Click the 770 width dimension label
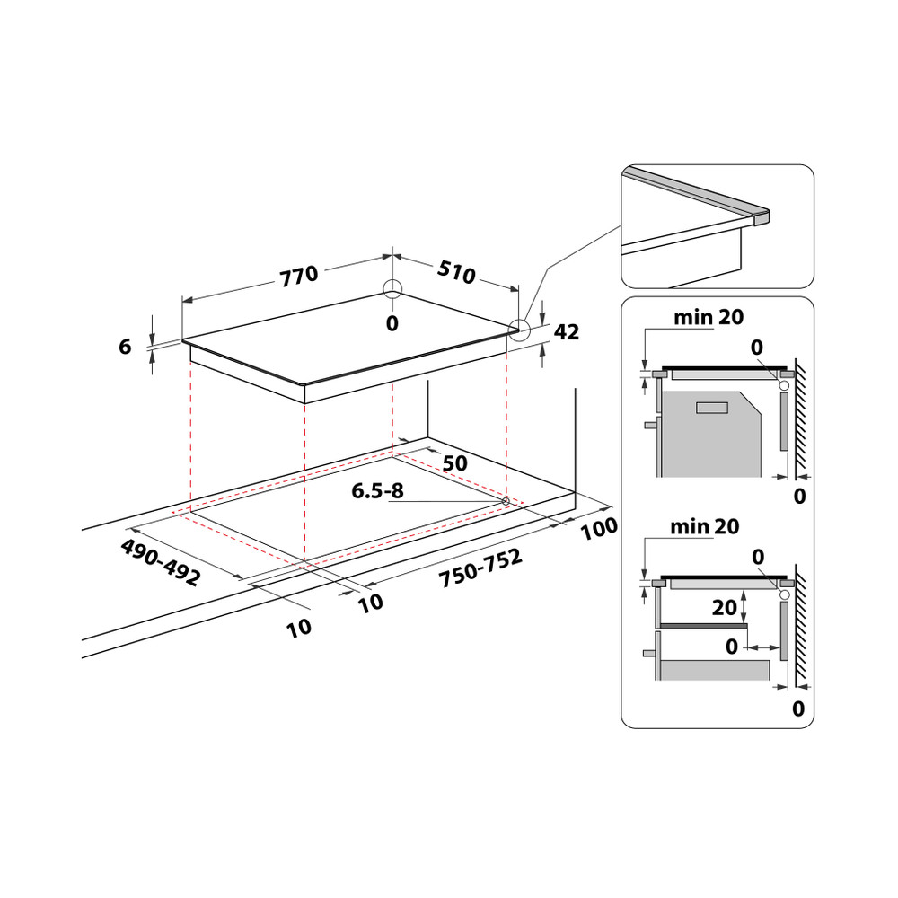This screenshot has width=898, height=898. tap(298, 276)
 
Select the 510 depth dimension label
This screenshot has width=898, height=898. tap(457, 272)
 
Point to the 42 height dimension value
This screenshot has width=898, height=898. tap(567, 332)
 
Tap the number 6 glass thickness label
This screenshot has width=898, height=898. tap(125, 347)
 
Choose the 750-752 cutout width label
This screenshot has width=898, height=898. tap(480, 569)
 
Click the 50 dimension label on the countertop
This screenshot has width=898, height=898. tap(455, 463)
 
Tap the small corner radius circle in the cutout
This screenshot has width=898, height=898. tap(506, 501)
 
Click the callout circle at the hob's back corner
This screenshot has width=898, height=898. tap(392, 289)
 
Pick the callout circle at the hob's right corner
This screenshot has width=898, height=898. tap(519, 330)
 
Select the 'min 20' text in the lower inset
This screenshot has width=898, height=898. tap(705, 527)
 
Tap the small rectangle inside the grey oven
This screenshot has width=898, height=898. tap(712, 409)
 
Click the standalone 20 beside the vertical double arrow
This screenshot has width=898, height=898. tap(724, 608)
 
